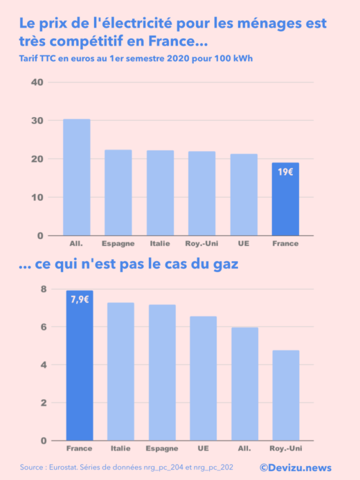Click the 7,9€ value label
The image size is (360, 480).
coord(80,299)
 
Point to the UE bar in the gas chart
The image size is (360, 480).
coord(203,378)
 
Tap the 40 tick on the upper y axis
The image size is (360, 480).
coord(37,82)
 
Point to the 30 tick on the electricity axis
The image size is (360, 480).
coord(37,121)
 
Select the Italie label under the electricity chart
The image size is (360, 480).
coord(160,244)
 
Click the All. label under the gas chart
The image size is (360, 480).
coord(244,449)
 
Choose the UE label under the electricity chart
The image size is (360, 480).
coord(244,244)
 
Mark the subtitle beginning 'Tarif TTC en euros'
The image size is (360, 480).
coord(136,58)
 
